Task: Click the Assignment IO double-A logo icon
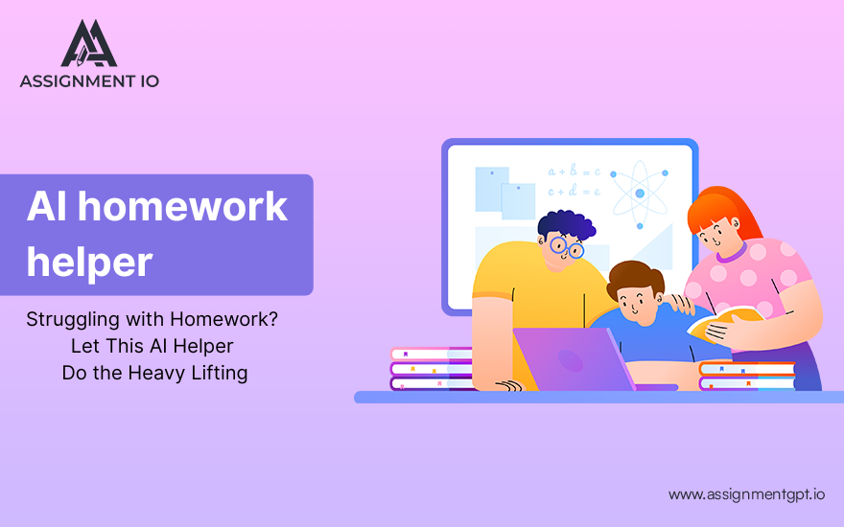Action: click(89, 43)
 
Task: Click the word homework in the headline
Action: click(183, 206)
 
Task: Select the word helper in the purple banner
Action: click(90, 263)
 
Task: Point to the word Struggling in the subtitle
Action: click(73, 320)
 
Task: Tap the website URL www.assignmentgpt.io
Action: click(746, 494)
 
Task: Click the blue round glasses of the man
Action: click(567, 247)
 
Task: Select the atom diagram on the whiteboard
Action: click(640, 194)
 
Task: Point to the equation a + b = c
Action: click(574, 172)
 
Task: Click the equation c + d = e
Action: click(574, 191)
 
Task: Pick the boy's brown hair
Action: click(636, 278)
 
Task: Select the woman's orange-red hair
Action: click(721, 213)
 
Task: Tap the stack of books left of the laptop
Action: click(432, 369)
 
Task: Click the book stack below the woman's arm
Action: click(747, 377)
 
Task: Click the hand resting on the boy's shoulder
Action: click(679, 304)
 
